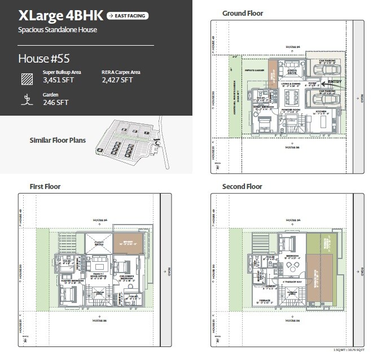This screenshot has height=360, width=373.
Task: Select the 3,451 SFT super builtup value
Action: pyautogui.click(x=58, y=80)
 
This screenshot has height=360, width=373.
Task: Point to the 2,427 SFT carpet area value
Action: pyautogui.click(x=117, y=80)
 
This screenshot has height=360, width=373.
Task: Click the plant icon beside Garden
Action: pyautogui.click(x=25, y=99)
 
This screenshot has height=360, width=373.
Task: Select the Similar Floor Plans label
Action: pyautogui.click(x=58, y=139)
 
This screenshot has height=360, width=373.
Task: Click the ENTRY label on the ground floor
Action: pyautogui.click(x=335, y=82)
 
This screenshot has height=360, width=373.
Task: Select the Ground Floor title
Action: pyautogui.click(x=242, y=13)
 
